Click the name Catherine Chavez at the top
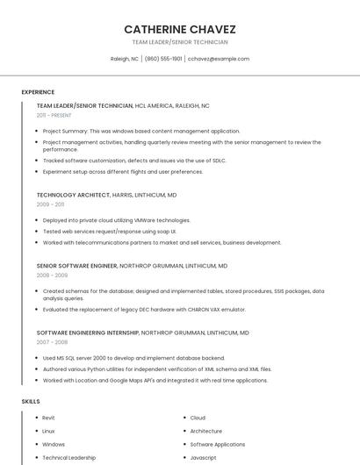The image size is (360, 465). [180, 29]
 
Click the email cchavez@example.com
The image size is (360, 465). [219, 59]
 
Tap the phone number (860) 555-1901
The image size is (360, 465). [163, 59]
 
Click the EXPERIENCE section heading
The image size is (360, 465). [38, 92]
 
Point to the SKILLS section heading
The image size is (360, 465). [31, 401]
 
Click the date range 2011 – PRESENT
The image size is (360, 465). [54, 115]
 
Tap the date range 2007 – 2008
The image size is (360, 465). [52, 342]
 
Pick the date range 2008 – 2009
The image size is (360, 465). [52, 275]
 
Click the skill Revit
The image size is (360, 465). [48, 418]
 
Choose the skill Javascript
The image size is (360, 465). [204, 457]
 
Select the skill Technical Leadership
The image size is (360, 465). [69, 457]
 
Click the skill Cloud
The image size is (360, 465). [198, 418]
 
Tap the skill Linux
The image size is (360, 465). [48, 431]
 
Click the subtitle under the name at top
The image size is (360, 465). [180, 42]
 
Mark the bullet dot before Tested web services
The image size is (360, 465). [38, 232]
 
